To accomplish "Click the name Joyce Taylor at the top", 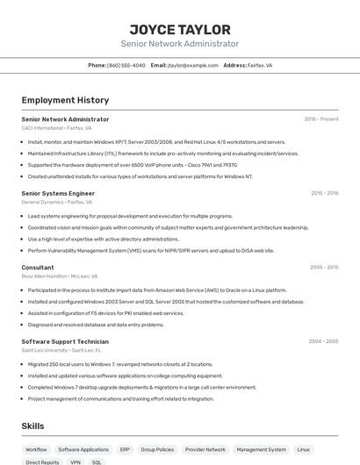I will pyautogui.click(x=180, y=30).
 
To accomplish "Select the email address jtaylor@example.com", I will pyautogui.click(x=192, y=65).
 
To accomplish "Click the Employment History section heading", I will pyautogui.click(x=65, y=101).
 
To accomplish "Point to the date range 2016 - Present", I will pyautogui.click(x=320, y=119).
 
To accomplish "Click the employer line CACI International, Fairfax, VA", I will pyautogui.click(x=56, y=128).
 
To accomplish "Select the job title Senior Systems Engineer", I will pyautogui.click(x=58, y=193).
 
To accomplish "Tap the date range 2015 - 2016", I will pyautogui.click(x=324, y=193).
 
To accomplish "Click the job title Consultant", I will pyautogui.click(x=38, y=267).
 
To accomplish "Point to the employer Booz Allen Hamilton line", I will pyautogui.click(x=61, y=275).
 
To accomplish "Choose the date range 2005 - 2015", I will pyautogui.click(x=324, y=267).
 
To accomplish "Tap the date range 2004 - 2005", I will pyautogui.click(x=323, y=340).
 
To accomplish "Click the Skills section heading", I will pyautogui.click(x=33, y=426).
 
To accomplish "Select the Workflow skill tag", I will pyautogui.click(x=36, y=449).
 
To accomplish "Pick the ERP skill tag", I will pyautogui.click(x=125, y=449).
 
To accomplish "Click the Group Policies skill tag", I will pyautogui.click(x=158, y=449).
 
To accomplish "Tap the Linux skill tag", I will pyautogui.click(x=303, y=449).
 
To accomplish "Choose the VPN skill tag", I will pyautogui.click(x=76, y=461).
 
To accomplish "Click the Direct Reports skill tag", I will pyautogui.click(x=42, y=461).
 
